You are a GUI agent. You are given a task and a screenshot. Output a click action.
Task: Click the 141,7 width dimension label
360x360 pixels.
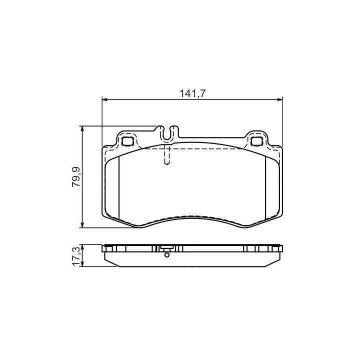192,93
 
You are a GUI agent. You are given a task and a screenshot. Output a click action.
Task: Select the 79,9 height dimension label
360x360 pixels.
76,177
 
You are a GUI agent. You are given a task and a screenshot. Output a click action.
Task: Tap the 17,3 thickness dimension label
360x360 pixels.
76,256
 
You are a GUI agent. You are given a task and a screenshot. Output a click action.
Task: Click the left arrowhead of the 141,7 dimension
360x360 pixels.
104,99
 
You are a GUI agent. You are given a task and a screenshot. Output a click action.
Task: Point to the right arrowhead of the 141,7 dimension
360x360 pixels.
279,99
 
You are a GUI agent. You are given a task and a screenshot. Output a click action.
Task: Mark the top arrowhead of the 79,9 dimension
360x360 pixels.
82,128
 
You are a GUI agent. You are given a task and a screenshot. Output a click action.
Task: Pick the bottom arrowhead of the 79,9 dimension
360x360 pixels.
82,225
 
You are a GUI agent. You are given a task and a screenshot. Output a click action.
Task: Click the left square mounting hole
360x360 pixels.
127,141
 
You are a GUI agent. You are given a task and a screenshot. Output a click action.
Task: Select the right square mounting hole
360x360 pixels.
256,141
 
